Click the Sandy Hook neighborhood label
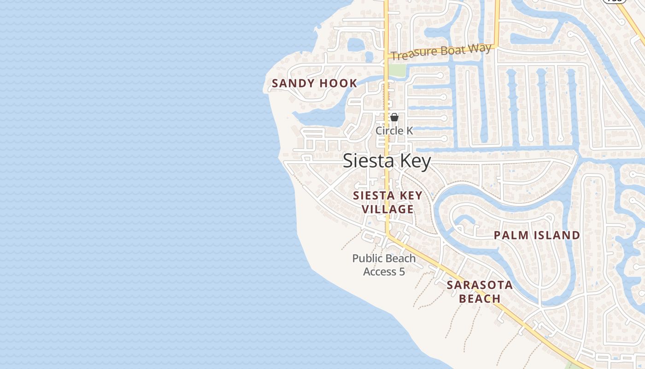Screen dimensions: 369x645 314,83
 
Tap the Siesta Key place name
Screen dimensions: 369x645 387,161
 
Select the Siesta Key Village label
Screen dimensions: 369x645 387,202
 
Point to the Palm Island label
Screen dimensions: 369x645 537,235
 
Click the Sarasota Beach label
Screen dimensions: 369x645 480,292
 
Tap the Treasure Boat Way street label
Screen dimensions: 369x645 441,52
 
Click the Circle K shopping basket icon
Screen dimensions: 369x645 394,117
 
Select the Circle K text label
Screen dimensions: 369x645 394,131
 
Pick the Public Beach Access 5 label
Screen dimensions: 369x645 384,265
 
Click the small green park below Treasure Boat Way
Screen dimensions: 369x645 397,71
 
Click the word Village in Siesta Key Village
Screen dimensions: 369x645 387,209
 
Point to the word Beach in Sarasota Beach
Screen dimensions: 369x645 480,298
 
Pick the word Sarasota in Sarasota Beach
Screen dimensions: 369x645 480,285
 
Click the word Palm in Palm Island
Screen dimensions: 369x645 510,235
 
